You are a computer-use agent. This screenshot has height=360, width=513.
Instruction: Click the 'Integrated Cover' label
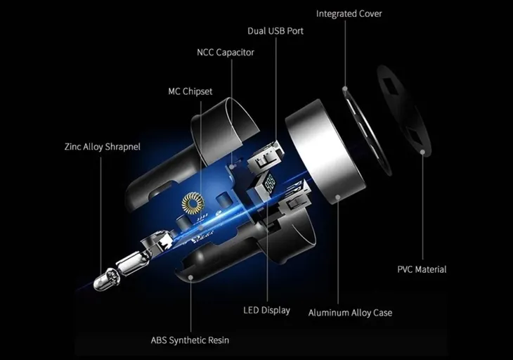pos(349,14)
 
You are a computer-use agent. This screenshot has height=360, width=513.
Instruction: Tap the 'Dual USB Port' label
pos(275,31)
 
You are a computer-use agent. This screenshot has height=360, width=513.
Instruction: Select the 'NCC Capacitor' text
pos(226,52)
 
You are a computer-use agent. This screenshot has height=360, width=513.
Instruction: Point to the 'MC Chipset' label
pos(190,91)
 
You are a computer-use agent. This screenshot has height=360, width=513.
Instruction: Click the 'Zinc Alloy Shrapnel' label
pos(103,147)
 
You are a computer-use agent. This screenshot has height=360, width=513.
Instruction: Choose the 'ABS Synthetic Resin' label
pos(190,340)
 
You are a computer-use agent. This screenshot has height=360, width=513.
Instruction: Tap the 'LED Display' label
pos(266,310)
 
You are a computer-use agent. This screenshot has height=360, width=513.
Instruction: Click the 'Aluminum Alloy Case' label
pos(350,313)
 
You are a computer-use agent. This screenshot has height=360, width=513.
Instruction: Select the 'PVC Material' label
pos(422,269)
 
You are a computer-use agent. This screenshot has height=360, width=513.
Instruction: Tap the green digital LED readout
pos(271,183)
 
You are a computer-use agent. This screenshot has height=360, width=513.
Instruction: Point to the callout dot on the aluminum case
pos(338,197)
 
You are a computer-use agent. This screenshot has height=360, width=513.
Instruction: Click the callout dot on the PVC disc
pos(422,152)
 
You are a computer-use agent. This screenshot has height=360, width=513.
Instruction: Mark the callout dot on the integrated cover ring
pos(345,89)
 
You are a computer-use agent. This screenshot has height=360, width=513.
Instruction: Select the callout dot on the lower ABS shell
pos(190,277)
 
